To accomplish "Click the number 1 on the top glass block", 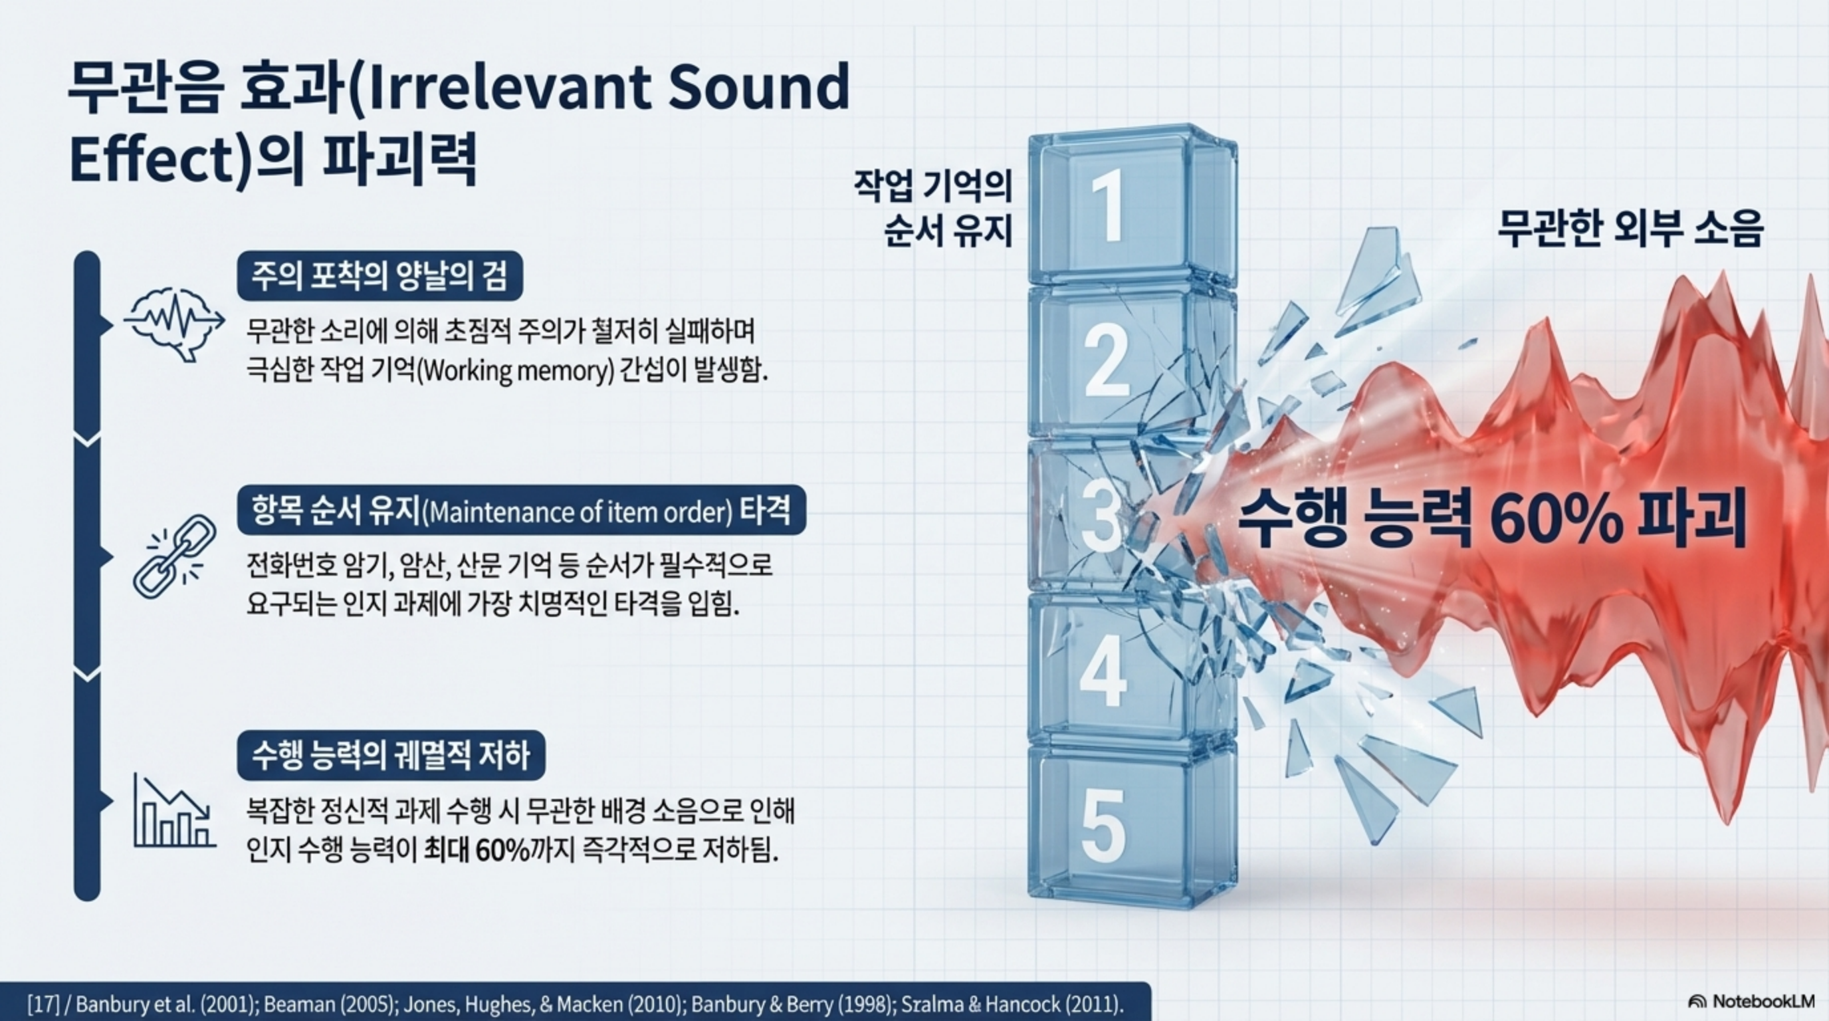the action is pos(1108,206).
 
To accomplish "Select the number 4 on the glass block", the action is pos(1103,671).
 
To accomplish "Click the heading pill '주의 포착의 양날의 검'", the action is pos(380,275).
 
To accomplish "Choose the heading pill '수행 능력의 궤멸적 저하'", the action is pos(391,754).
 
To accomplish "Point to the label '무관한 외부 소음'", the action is pos(1630,229).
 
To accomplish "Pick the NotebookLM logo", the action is pos(1751,1001).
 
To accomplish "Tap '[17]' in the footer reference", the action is pos(43,1004).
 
